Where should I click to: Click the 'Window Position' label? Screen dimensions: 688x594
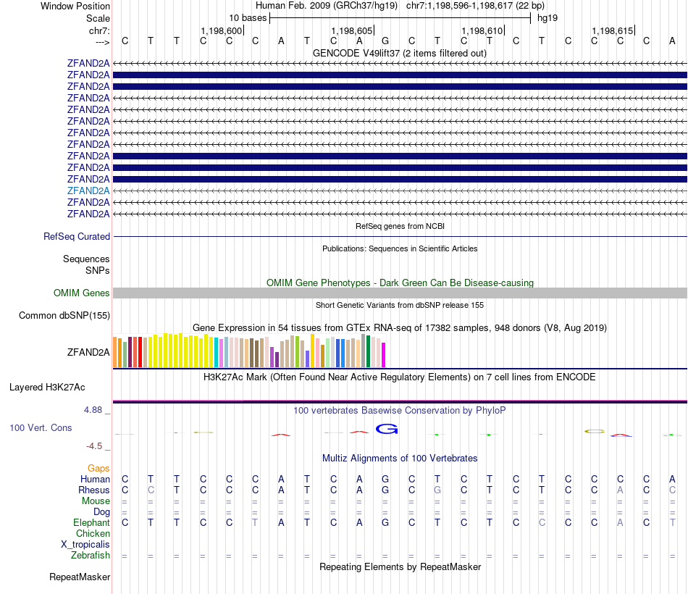[75, 6]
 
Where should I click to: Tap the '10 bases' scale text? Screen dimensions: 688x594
[248, 18]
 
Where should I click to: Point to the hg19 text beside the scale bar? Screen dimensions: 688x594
[548, 18]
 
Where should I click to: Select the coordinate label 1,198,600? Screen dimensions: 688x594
[221, 30]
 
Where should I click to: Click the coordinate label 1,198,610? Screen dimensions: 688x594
[482, 30]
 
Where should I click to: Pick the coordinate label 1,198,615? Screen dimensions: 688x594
[612, 30]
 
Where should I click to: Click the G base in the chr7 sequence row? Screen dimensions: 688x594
[385, 41]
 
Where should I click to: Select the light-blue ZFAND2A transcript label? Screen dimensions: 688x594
[88, 191]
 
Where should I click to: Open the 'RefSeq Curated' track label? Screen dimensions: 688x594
[77, 236]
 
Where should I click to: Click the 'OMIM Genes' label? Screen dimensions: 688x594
[82, 293]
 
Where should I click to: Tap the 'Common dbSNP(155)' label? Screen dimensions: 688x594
[64, 315]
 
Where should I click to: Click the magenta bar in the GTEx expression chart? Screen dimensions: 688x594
[384, 355]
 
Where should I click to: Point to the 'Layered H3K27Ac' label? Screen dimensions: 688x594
[47, 388]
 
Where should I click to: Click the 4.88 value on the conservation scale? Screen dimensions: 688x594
[93, 409]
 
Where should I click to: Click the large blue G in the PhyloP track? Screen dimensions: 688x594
[387, 429]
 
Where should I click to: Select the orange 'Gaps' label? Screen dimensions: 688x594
[98, 468]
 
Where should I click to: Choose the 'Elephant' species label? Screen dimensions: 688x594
[91, 522]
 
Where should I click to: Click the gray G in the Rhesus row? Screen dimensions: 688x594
[437, 490]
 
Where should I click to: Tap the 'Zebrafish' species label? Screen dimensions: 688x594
[91, 555]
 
